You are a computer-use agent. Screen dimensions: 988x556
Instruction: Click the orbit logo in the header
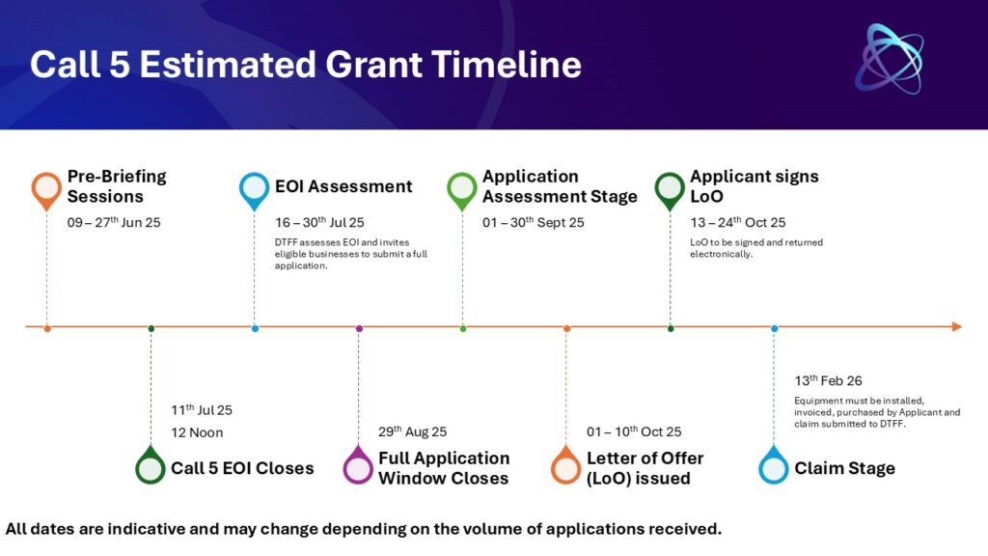pyautogui.click(x=890, y=59)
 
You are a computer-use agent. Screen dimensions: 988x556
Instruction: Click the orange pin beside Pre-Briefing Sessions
pyautogui.click(x=46, y=190)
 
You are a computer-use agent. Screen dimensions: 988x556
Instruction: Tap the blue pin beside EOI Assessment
pyautogui.click(x=254, y=190)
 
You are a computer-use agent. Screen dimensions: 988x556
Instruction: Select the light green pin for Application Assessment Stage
pyautogui.click(x=462, y=190)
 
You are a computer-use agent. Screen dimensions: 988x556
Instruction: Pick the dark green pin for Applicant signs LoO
pyautogui.click(x=670, y=190)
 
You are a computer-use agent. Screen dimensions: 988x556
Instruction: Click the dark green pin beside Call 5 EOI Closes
pyautogui.click(x=151, y=466)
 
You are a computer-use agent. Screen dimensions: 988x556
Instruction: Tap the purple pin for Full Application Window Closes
pyautogui.click(x=358, y=466)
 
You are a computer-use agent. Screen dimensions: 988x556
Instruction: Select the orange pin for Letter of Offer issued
pyautogui.click(x=565, y=466)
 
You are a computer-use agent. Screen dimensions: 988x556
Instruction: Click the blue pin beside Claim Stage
pyautogui.click(x=774, y=466)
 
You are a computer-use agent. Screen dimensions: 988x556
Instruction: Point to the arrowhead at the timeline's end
pyautogui.click(x=957, y=326)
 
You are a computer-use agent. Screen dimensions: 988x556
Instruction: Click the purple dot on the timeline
pyautogui.click(x=359, y=328)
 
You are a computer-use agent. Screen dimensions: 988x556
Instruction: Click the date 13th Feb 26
pyautogui.click(x=828, y=380)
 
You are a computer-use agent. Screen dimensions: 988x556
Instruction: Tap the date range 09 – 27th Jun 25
pyautogui.click(x=114, y=222)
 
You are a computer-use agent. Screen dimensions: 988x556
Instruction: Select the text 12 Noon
pyautogui.click(x=197, y=432)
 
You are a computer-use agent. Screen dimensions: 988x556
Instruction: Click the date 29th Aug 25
pyautogui.click(x=413, y=431)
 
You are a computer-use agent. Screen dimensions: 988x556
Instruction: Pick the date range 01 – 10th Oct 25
pyautogui.click(x=634, y=431)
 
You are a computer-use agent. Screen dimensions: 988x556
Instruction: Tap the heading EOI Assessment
pyautogui.click(x=343, y=186)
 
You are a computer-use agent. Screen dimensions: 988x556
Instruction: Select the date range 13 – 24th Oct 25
pyautogui.click(x=738, y=222)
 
